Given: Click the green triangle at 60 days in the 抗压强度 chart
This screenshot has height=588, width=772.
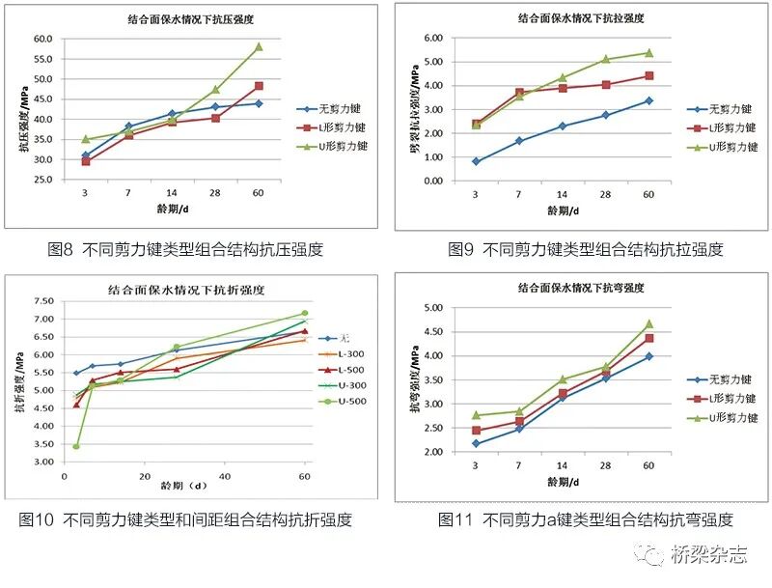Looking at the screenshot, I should click(x=259, y=46).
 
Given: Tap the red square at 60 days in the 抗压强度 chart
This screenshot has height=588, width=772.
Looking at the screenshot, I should click(x=259, y=86).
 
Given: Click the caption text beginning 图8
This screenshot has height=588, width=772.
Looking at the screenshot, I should click(x=185, y=249).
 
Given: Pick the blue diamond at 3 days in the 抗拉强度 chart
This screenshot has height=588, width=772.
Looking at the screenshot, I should click(x=476, y=161).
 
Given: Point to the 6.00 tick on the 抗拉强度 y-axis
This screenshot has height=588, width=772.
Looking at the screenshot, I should click(x=431, y=38).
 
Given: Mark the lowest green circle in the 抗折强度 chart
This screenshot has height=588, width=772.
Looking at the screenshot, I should click(x=76, y=446).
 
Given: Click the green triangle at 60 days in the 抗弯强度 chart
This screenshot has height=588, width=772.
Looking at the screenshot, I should click(x=648, y=324).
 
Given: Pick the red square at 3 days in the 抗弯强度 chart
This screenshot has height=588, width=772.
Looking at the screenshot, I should click(x=476, y=431).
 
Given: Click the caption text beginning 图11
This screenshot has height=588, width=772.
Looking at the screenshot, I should click(x=586, y=519).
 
